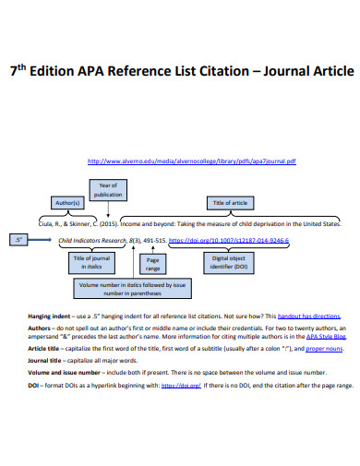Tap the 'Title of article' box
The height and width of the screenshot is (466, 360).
(231, 202)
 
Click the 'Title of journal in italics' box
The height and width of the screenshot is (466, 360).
(91, 264)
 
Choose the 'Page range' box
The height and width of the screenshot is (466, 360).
(153, 265)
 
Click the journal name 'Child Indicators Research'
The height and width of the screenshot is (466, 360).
(92, 242)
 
